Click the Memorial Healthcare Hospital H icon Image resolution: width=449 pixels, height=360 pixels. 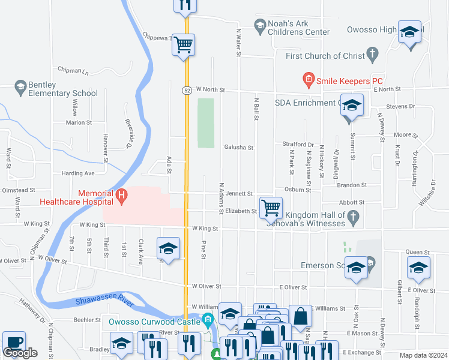tap(121, 194)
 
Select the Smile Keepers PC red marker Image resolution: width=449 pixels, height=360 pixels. tap(308, 79)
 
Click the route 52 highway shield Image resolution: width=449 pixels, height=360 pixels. tap(187, 89)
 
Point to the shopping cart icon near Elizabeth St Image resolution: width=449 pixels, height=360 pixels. tap(271, 208)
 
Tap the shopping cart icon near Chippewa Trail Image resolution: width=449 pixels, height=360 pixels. tap(184, 44)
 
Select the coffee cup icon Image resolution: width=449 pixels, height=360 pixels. tap(14, 342)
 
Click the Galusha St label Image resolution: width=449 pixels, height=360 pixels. tap(239, 147)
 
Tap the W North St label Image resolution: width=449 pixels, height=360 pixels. tap(209, 89)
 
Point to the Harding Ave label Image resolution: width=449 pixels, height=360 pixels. tap(78, 173)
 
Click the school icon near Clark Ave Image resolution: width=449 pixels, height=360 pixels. tap(169, 249)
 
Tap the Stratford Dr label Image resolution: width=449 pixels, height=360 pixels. tap(298, 145)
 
